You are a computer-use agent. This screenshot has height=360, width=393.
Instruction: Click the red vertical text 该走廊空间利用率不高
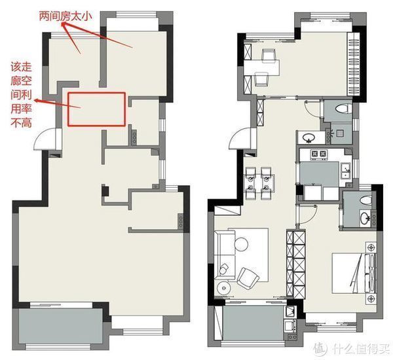click(x=21, y=95)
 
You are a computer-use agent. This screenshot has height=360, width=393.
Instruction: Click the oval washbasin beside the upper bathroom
click(x=309, y=137)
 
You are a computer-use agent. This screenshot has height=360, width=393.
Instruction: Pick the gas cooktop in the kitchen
click(x=319, y=154)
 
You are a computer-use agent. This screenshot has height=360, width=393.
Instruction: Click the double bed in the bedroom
click(x=354, y=273)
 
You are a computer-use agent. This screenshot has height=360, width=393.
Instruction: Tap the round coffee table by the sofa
click(x=241, y=243)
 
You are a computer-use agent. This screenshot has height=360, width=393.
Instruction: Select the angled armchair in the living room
click(x=248, y=278)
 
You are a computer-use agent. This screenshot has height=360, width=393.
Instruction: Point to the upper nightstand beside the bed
click(x=371, y=247)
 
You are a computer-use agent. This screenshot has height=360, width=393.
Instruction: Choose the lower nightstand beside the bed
click(x=371, y=298)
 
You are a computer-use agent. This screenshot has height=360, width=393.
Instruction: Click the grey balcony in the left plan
click(x=61, y=326)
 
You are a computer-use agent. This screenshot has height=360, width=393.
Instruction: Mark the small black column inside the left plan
click(x=105, y=191)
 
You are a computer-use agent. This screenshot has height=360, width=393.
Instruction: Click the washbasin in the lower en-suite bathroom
click(x=365, y=217)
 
